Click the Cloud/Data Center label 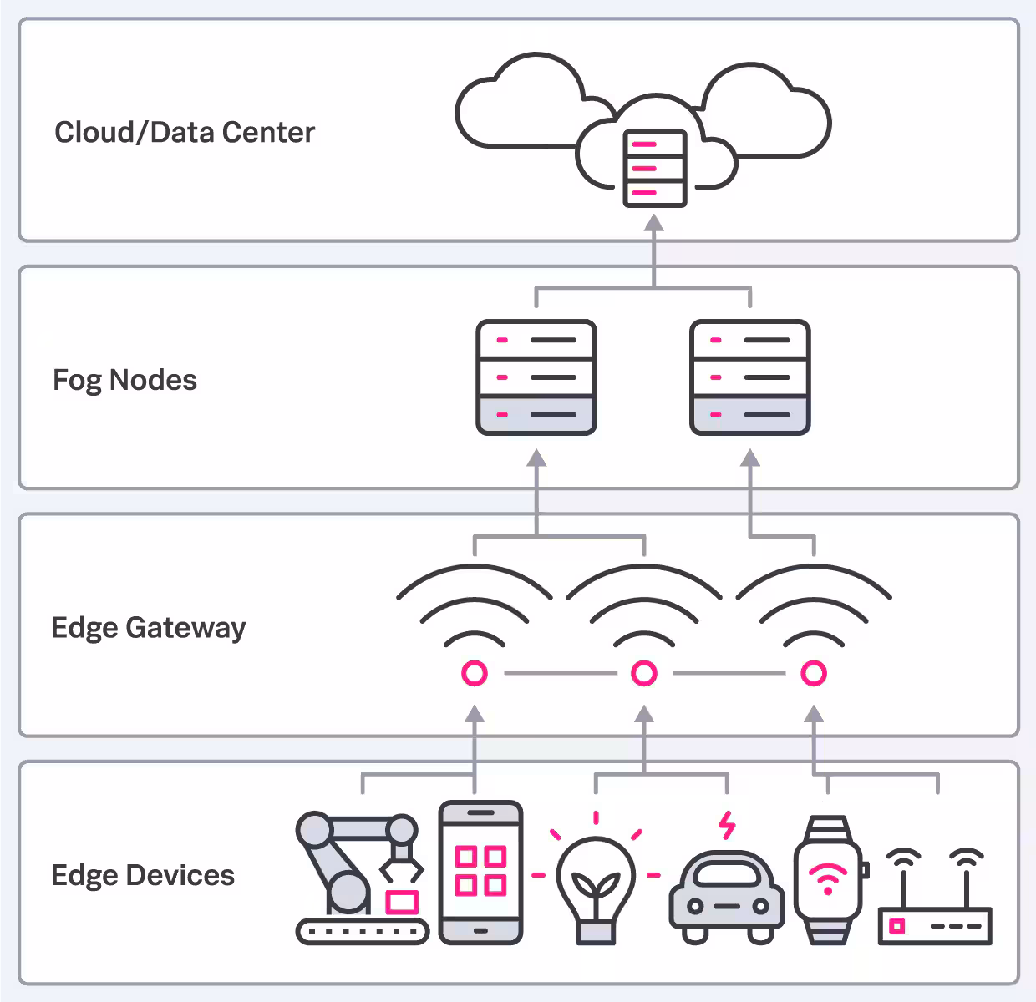[x=185, y=132]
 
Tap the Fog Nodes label [x=124, y=380]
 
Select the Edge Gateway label [x=149, y=627]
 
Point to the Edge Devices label [x=143, y=875]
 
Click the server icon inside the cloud [x=655, y=169]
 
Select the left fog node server [x=536, y=377]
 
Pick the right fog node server [x=750, y=377]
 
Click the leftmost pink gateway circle [x=475, y=673]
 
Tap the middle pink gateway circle [x=644, y=673]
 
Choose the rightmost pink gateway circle [x=814, y=673]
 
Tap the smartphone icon [x=480, y=873]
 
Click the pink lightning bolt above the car [x=728, y=825]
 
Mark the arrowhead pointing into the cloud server [x=654, y=223]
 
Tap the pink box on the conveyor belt [x=402, y=902]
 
